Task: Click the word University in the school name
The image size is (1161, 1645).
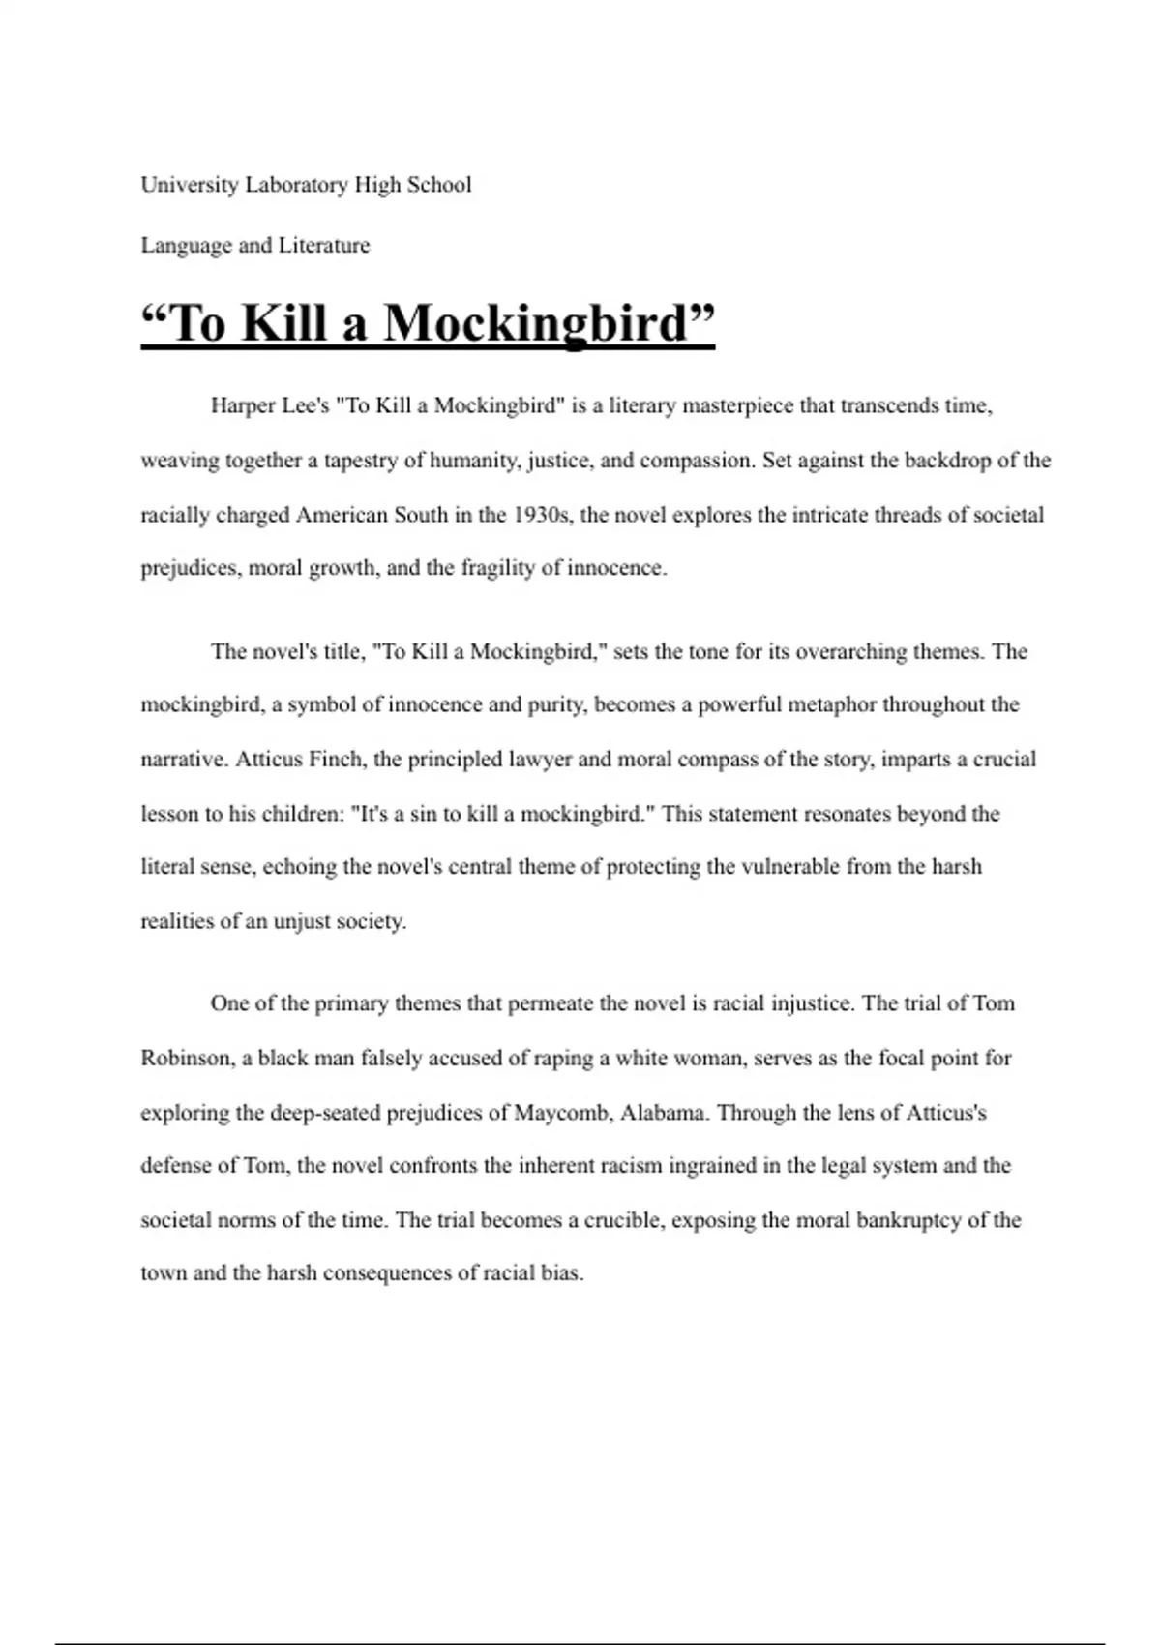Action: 190,185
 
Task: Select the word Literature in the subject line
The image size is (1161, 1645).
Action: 324,246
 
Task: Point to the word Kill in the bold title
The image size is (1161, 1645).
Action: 284,323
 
